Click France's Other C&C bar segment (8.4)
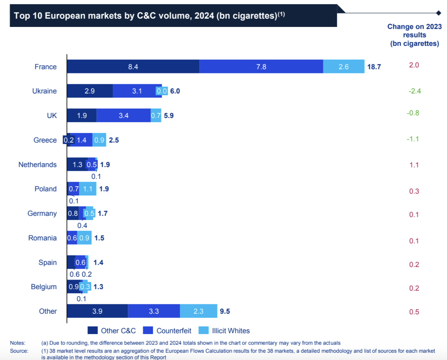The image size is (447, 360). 133,67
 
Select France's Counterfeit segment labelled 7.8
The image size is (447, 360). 261,67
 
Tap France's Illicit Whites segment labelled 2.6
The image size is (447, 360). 343,67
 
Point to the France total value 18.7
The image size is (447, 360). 374,67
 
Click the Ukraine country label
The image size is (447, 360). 44,91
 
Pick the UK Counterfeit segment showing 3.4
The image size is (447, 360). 124,116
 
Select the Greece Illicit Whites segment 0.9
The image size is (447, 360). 99,140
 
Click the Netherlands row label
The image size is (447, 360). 37,165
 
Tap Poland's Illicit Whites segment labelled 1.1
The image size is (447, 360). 88,189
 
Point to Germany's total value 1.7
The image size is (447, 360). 103,214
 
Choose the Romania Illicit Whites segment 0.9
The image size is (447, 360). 84,238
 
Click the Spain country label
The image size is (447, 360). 48,262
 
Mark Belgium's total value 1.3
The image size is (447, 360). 98,287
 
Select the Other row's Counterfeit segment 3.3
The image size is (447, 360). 154,311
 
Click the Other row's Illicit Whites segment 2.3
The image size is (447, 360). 199,311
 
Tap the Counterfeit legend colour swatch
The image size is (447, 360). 148,330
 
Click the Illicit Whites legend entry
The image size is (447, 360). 230,331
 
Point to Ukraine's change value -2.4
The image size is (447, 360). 414,91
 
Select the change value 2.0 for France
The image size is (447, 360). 414,65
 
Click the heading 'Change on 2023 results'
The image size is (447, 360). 414,35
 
